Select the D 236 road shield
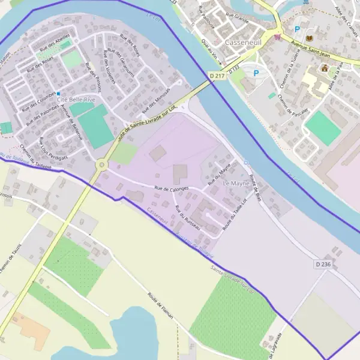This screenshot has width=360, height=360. point(322,264)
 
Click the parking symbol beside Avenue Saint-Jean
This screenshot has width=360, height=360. point(296,29)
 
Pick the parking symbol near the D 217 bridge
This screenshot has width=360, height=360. point(256,73)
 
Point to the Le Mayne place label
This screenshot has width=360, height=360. point(235,182)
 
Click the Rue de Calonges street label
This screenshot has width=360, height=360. point(172,188)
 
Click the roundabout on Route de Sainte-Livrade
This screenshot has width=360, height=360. point(101,164)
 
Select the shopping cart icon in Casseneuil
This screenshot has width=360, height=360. point(277,37)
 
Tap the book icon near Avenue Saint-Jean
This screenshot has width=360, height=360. point(310,39)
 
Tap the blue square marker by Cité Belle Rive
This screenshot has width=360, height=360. point(59,94)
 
